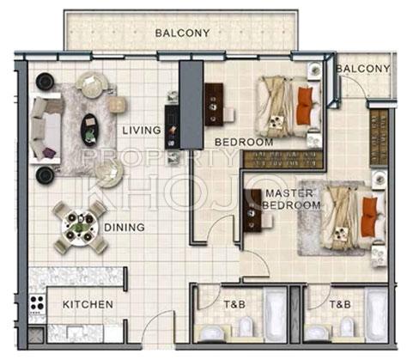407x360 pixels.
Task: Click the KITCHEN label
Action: (x=88, y=304)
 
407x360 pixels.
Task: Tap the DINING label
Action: (x=125, y=228)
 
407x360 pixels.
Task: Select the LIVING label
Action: (x=142, y=131)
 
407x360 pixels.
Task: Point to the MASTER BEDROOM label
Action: (x=291, y=199)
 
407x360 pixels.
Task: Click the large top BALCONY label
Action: (x=182, y=33)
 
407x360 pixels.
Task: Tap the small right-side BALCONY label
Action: (x=363, y=69)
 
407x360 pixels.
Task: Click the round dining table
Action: (x=80, y=227)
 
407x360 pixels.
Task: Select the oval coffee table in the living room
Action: (x=89, y=130)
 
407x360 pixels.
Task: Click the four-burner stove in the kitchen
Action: (x=38, y=303)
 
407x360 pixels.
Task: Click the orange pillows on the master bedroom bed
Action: (x=369, y=217)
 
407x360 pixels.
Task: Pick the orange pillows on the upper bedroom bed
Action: (x=305, y=106)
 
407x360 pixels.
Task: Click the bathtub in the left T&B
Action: (x=275, y=314)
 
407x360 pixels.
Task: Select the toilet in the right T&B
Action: (x=347, y=327)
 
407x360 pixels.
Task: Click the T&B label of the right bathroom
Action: (x=340, y=304)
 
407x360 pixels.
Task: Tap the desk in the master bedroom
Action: (x=252, y=211)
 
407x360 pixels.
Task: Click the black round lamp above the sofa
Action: (x=45, y=82)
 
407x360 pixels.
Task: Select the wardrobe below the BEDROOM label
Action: (x=283, y=159)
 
